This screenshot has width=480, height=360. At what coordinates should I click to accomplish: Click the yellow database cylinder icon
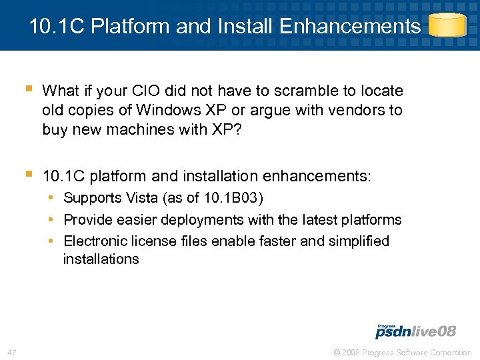coord(447,25)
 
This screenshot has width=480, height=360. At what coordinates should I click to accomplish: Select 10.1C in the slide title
coord(57,27)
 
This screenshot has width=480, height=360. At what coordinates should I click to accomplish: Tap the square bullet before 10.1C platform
coord(28,175)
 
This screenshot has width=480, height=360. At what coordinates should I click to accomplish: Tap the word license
coord(154,241)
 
